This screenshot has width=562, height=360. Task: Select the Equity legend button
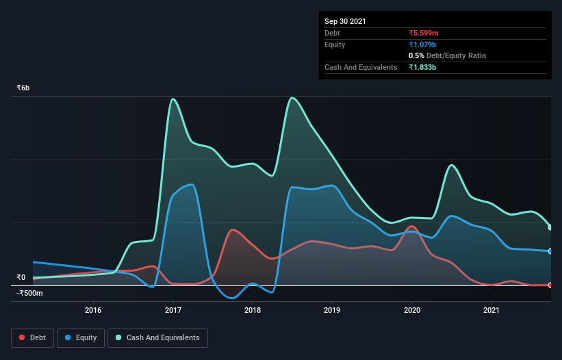point(81,337)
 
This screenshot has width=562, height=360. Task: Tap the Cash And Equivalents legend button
point(157,337)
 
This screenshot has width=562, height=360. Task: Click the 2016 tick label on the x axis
point(93,310)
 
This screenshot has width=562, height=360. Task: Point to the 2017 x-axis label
point(173,310)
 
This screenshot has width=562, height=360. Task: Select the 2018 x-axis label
point(253,310)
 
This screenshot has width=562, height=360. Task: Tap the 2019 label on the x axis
point(332,310)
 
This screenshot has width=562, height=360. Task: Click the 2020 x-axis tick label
point(412,310)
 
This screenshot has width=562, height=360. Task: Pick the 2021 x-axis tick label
point(491,310)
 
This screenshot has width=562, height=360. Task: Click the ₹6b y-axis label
point(23,88)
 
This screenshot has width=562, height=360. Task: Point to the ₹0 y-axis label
point(21,277)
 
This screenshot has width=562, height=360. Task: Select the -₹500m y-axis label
point(29,294)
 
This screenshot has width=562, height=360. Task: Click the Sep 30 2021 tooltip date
point(345,21)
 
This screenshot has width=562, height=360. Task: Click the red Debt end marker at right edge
point(550,285)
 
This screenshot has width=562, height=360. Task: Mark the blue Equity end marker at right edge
point(550,251)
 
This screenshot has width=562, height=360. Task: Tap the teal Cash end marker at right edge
point(550,227)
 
